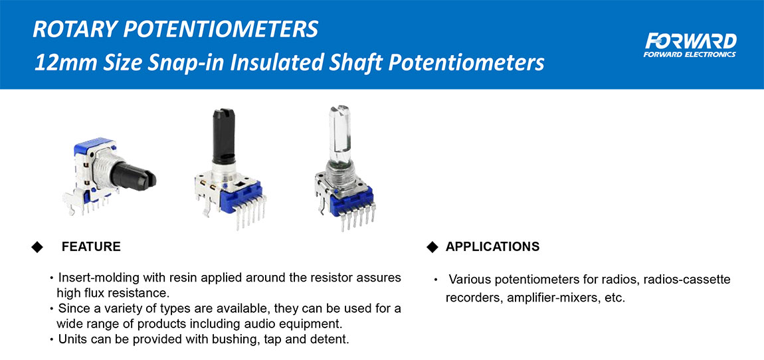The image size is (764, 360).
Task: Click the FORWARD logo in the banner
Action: pyautogui.click(x=690, y=45)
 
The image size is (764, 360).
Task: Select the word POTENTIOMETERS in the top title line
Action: pyautogui.click(x=221, y=30)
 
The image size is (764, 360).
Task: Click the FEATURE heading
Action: pyautogui.click(x=91, y=246)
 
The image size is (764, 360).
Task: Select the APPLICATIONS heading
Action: pyautogui.click(x=492, y=246)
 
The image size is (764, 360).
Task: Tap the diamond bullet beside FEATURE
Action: pyautogui.click(x=37, y=246)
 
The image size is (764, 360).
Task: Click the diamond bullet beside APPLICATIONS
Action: pyautogui.click(x=432, y=246)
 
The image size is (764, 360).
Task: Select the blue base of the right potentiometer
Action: pyautogui.click(x=352, y=201)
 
